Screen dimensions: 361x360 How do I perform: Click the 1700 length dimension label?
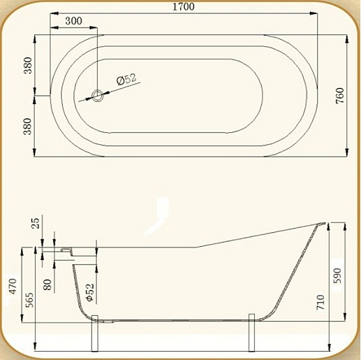pyautogui.click(x=184, y=6)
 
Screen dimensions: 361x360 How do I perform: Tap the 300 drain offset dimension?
pyautogui.click(x=73, y=21)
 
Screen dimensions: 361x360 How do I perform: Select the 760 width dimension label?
pyautogui.click(x=339, y=96)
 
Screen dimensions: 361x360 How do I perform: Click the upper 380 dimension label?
pyautogui.click(x=28, y=65)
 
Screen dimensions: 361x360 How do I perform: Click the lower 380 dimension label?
pyautogui.click(x=27, y=127)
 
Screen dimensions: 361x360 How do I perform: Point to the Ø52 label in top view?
pyautogui.click(x=126, y=79)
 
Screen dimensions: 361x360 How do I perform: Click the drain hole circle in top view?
pyautogui.click(x=97, y=96)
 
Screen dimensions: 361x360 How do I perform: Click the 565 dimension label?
pyautogui.click(x=29, y=299)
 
